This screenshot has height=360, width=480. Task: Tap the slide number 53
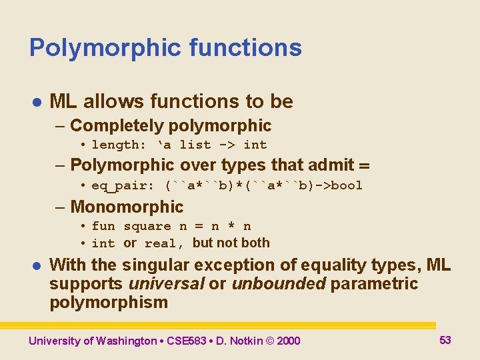(x=445, y=340)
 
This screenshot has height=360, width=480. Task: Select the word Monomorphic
(x=126, y=207)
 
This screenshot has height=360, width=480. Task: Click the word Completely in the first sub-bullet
(x=117, y=125)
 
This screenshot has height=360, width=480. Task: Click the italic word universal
(x=166, y=283)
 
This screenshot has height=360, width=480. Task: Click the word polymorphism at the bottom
(x=109, y=302)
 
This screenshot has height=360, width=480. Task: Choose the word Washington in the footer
(x=127, y=341)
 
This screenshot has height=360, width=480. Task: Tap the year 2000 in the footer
(x=288, y=341)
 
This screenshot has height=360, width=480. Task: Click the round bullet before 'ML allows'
(x=37, y=102)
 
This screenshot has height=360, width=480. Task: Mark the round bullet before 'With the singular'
(x=37, y=265)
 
